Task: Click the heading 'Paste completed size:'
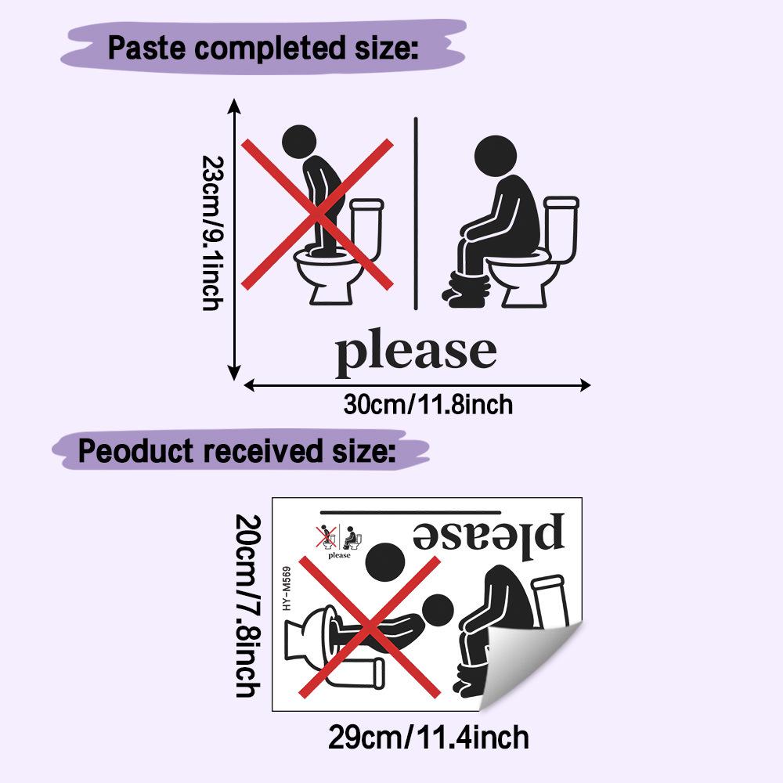click(x=263, y=49)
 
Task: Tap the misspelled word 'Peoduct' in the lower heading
click(x=135, y=451)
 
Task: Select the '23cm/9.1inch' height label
click(x=213, y=233)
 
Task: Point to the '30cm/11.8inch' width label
click(x=428, y=405)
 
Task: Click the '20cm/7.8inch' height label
click(x=247, y=606)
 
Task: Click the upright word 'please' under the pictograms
click(x=416, y=352)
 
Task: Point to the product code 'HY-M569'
click(x=286, y=588)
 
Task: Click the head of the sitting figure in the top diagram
click(x=495, y=157)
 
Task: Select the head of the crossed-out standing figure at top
click(x=299, y=142)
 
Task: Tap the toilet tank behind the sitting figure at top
click(x=561, y=229)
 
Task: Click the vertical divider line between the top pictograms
click(x=416, y=214)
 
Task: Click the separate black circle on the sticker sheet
click(x=385, y=563)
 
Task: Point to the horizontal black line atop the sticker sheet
click(x=410, y=512)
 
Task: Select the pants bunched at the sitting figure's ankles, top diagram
click(x=466, y=290)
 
